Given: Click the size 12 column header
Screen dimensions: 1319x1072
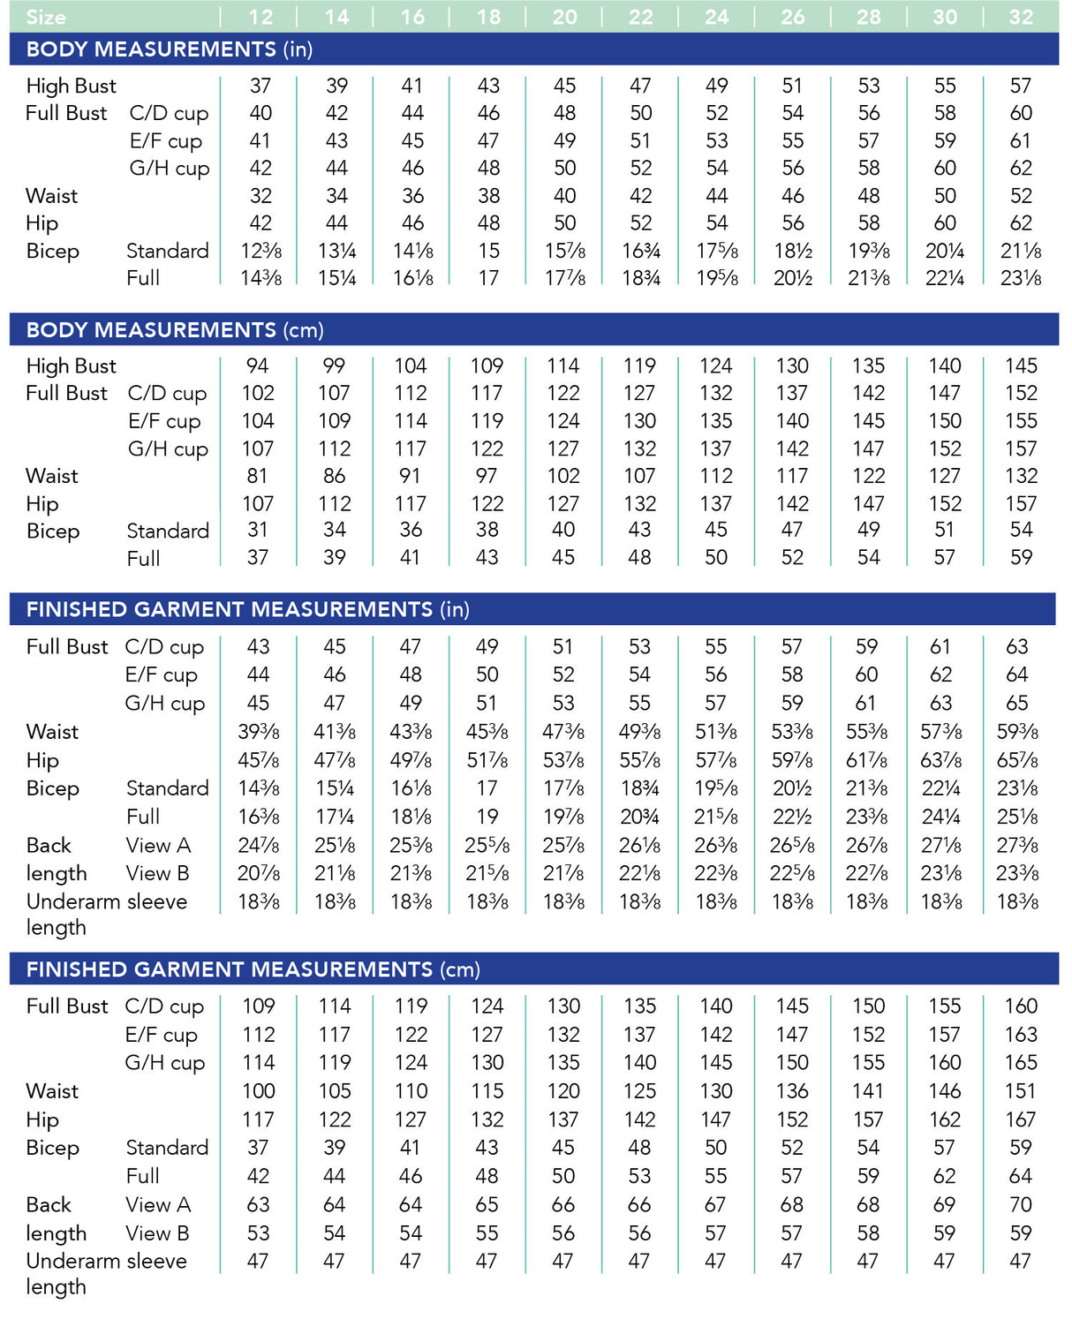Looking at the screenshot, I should coord(260,17).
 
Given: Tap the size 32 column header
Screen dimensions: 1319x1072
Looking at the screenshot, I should coord(1021,17).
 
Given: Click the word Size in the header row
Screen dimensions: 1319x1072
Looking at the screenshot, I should coord(46,17).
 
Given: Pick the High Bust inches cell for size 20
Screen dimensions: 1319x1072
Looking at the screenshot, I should coord(564,86).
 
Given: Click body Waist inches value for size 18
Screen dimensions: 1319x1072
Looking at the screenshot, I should coord(488,195).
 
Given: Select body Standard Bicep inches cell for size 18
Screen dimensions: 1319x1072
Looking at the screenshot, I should coord(488,251).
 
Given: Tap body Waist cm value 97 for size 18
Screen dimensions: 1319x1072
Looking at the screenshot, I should coord(487,476).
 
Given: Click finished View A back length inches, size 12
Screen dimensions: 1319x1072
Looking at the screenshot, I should coord(260,845).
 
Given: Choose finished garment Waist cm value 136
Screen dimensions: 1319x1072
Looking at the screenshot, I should coord(792,1091).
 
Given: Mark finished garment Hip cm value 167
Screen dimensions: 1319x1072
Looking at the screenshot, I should coord(1020,1119).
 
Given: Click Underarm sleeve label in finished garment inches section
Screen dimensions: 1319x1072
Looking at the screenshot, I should coord(107,901).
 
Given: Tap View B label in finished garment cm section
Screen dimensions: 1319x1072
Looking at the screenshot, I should coord(157,1233).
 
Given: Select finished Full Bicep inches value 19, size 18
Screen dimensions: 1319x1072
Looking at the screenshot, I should coord(487,817).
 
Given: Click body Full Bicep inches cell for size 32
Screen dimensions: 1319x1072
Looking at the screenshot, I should coord(1021,278).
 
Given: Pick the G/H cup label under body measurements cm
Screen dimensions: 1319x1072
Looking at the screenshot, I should coord(168,448).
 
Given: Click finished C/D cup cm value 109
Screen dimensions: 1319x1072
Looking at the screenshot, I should coord(259,1006).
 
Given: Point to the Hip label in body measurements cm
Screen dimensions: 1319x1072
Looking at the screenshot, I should coord(42,504).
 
